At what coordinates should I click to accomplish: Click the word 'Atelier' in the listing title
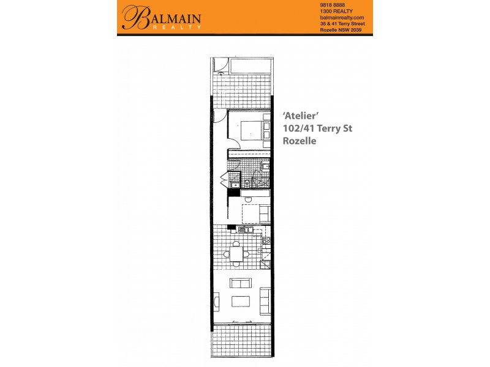[x=299, y=116]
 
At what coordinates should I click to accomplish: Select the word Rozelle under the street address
[x=299, y=140]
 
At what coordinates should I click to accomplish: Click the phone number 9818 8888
[x=333, y=5]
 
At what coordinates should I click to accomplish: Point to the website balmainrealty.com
[x=342, y=18]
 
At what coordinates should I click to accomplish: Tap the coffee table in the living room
[x=241, y=301]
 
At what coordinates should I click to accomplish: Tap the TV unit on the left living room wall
[x=216, y=301]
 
